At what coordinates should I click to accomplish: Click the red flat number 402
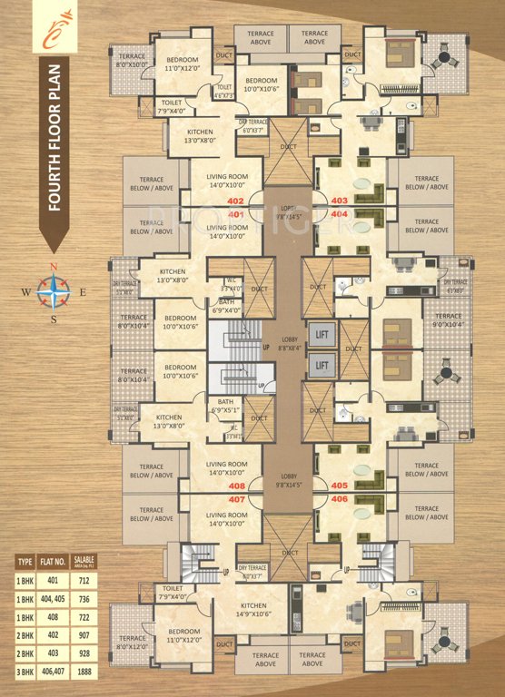pyautogui.click(x=237, y=200)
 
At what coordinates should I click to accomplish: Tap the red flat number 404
pyautogui.click(x=340, y=213)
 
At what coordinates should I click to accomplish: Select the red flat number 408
pyautogui.click(x=237, y=486)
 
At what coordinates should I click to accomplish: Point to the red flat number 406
pyautogui.click(x=340, y=499)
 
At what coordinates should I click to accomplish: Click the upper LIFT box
pyautogui.click(x=321, y=334)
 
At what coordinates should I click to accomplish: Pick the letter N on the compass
pyautogui.click(x=54, y=267)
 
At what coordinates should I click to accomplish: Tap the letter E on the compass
pyautogui.click(x=83, y=292)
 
